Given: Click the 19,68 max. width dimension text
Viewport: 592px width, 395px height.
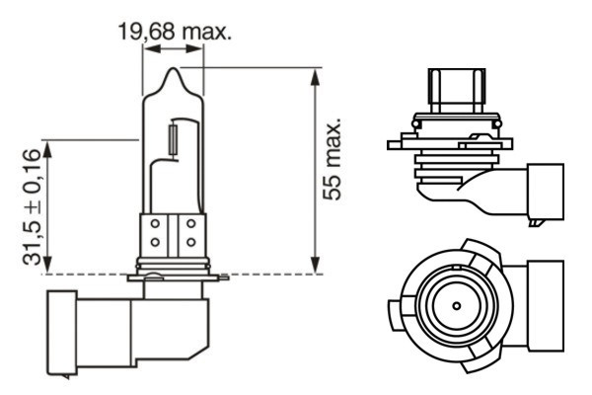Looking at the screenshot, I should click(175, 33).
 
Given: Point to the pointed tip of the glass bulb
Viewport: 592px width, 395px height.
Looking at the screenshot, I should click(174, 71).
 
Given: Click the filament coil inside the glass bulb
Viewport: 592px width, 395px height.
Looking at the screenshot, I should click(175, 136).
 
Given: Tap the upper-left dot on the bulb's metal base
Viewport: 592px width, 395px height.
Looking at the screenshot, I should click(155, 225).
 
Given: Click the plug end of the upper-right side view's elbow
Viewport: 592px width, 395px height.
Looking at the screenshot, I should click(547, 193).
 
